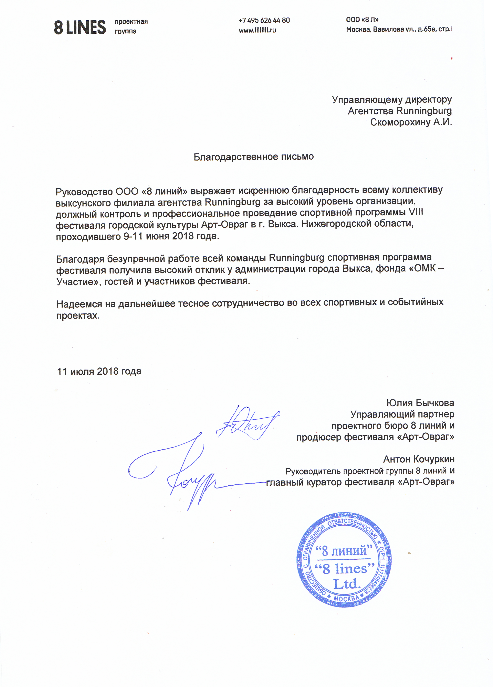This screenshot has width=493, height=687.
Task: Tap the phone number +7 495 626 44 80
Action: tap(264, 20)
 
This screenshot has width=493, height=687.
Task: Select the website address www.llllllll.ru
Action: tap(257, 30)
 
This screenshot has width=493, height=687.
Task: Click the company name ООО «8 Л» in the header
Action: tap(362, 20)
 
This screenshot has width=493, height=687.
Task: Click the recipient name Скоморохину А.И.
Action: tap(411, 122)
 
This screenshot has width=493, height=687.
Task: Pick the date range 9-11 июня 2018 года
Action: tap(171, 236)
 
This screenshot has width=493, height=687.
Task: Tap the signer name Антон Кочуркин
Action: tap(419, 459)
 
